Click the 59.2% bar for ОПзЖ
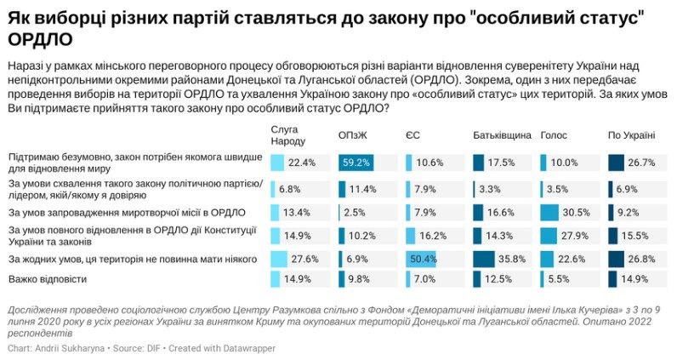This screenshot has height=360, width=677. point(355,163)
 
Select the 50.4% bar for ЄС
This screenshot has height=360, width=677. point(421,258)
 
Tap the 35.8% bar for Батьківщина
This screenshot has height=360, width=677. point(484,258)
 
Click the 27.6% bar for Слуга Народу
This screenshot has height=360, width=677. point(279,258)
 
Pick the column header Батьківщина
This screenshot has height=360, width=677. point(503,135)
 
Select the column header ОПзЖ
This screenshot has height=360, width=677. point(354,135)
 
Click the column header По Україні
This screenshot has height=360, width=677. point(631,135)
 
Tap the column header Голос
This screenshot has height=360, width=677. point(554,135)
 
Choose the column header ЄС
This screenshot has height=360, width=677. point(412,135)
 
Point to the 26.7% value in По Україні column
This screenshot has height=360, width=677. point(641,163)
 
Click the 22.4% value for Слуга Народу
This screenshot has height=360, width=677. point(302,163)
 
